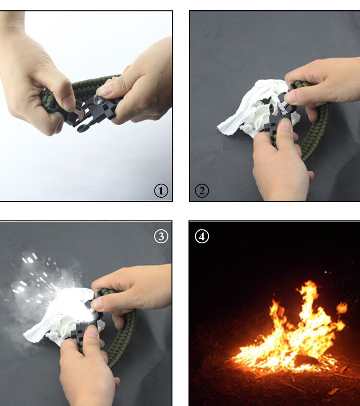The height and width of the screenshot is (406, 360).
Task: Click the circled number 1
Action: (161, 191)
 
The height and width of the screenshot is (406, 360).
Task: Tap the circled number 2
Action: (202, 191)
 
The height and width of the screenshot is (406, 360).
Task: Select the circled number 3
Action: (161, 236)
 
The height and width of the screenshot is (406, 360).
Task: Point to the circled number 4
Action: (202, 237)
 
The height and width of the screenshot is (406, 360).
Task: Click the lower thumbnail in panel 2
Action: (286, 125)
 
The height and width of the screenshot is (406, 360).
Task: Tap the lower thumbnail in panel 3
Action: (92, 332)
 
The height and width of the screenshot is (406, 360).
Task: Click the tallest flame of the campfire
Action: (310, 300)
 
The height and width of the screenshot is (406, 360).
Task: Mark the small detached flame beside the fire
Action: (342, 308)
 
